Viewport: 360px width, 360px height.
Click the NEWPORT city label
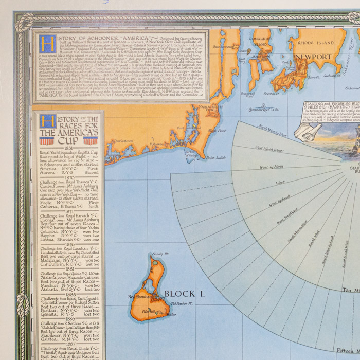click(x=313, y=57)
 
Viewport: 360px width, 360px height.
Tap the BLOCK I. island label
click(x=180, y=294)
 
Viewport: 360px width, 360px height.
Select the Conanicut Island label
click(x=260, y=41)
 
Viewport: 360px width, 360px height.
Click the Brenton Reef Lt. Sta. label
click(x=264, y=110)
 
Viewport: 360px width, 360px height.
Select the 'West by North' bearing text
click(x=271, y=167)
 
